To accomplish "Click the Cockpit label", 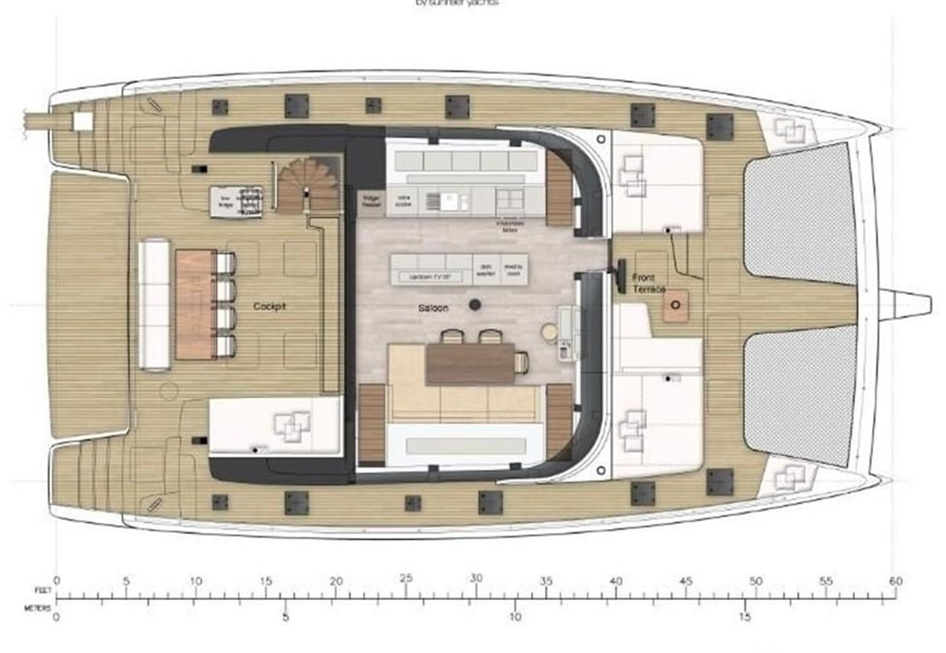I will point(270,307).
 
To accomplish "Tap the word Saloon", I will point(433,308).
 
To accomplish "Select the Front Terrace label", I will point(649,284).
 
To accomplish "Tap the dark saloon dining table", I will point(470,363).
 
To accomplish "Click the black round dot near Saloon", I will point(476,305).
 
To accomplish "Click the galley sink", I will point(435,201).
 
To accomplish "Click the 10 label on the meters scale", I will point(515,617).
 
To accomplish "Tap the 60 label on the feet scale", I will point(896,580).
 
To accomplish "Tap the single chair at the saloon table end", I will point(522,361).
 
